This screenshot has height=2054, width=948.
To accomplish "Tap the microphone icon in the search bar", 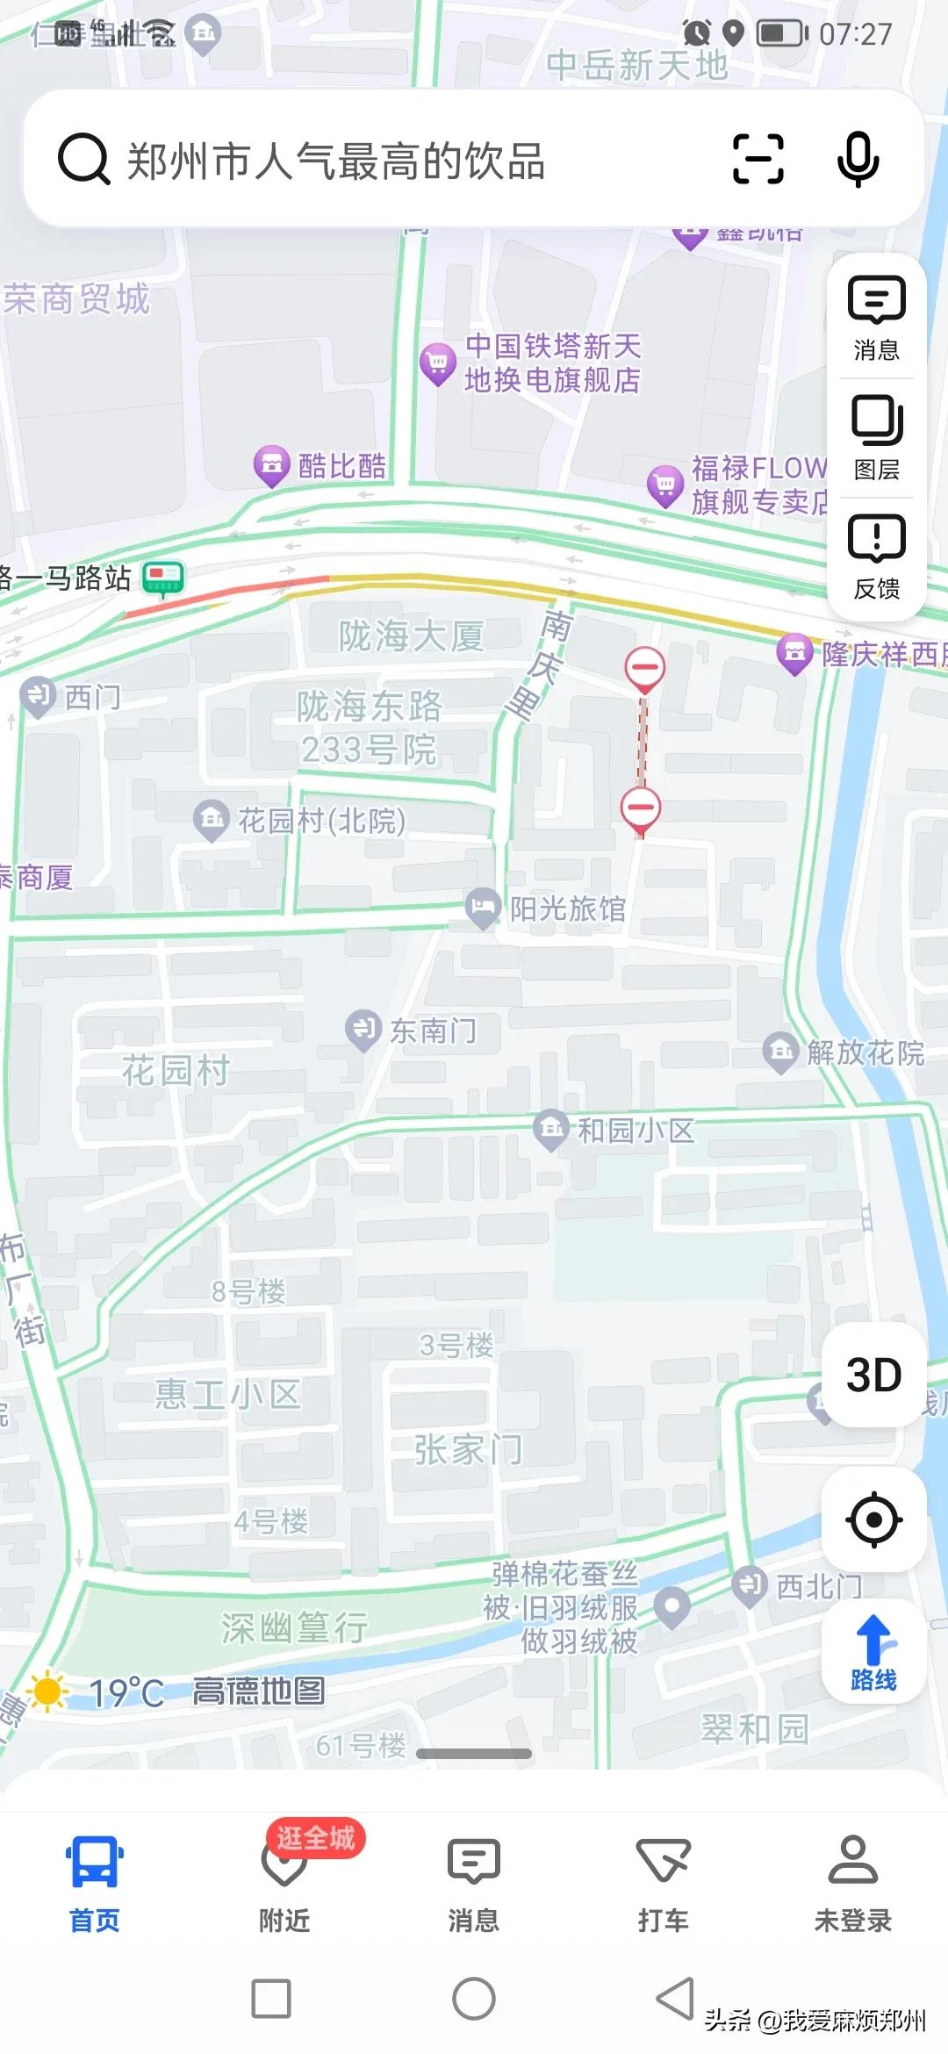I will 858,159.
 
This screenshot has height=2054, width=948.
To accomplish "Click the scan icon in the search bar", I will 758,159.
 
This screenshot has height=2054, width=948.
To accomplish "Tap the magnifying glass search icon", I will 83,160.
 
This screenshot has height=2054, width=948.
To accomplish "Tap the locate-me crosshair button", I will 874,1519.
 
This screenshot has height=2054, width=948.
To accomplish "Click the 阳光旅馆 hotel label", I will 568,909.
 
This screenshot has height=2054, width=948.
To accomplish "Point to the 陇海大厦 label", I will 411,636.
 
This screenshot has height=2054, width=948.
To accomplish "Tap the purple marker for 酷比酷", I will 272,464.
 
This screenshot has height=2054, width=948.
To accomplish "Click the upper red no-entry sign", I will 644,668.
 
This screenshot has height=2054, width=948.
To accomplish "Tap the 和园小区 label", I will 635,1130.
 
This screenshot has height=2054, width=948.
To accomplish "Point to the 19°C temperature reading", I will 126,1692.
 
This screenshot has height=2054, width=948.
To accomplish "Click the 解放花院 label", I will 865,1052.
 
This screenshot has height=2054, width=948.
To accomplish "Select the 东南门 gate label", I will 433,1031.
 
